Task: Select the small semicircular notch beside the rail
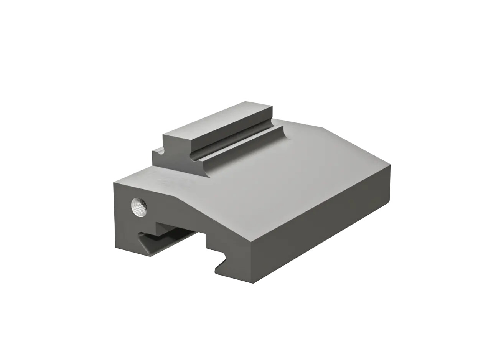[x=161, y=151]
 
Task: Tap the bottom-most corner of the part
[x=254, y=284]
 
